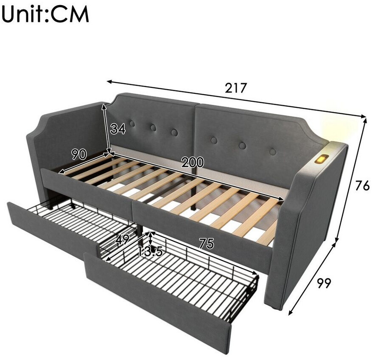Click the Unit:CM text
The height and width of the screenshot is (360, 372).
coord(45,14)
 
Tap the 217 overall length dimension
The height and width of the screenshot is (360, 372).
coord(236,88)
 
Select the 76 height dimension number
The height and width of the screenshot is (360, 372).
coord(362,185)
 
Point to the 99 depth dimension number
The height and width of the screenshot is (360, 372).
coord(324,283)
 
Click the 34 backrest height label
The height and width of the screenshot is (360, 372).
coord(118,129)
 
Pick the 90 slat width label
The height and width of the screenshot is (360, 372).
coord(79,155)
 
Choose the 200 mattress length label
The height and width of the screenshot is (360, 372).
coord(193,162)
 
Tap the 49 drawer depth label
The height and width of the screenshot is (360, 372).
coord(122,239)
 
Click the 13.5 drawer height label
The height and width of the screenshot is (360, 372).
coord(150,251)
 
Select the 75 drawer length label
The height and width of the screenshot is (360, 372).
coord(207,243)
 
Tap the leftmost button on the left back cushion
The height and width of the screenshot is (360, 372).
coord(132,124)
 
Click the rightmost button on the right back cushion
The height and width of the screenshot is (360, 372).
coord(273,152)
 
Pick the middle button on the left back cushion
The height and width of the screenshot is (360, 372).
coord(154,127)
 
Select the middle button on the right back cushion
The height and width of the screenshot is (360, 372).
coord(242,145)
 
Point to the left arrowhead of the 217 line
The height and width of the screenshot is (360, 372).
coord(109,82)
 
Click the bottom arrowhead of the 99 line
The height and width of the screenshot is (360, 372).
coord(291,313)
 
